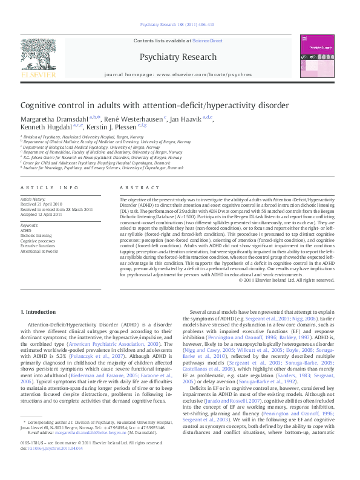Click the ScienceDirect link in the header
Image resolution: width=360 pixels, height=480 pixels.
pyautogui.click(x=208, y=41)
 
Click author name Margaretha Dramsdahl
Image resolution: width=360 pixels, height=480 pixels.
pyautogui.click(x=54, y=119)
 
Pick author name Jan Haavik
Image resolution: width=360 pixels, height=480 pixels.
pyautogui.click(x=186, y=119)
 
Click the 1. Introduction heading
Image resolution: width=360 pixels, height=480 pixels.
pyautogui.click(x=38, y=312)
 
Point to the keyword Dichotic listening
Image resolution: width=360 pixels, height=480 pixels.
pyautogui.click(x=36, y=235)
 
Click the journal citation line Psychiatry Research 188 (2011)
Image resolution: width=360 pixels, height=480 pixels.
pyautogui.click(x=180, y=25)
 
